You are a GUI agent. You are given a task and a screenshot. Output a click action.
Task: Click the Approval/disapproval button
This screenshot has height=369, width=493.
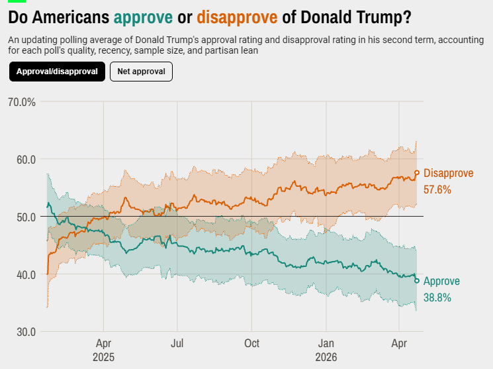[57, 72]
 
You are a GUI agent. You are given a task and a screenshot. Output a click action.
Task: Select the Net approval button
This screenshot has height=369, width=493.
[141, 72]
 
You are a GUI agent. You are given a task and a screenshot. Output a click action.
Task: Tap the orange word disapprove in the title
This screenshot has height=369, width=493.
[237, 15]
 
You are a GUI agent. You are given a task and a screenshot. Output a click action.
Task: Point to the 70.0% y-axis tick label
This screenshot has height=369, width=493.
[22, 102]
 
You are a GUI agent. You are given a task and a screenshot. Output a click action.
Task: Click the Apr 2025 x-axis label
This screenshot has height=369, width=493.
[103, 350]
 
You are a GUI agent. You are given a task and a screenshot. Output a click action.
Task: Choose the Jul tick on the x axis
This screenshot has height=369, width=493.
[177, 344]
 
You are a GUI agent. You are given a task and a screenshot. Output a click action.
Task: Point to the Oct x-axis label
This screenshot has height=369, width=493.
[251, 344]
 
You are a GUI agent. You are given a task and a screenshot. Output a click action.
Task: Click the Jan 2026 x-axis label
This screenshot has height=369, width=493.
[326, 350]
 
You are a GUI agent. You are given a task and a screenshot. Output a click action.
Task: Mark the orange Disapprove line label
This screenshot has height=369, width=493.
[448, 174]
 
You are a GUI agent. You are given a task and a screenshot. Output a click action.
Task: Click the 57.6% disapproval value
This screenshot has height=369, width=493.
[437, 189]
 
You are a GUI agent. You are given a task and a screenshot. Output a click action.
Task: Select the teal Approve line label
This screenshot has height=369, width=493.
[441, 281]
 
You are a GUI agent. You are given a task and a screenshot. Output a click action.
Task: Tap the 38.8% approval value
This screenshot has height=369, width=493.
[437, 297]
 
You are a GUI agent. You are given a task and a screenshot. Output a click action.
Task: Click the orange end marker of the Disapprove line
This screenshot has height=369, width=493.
[417, 174]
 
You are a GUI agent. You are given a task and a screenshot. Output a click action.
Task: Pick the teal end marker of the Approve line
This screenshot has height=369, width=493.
[417, 281]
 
